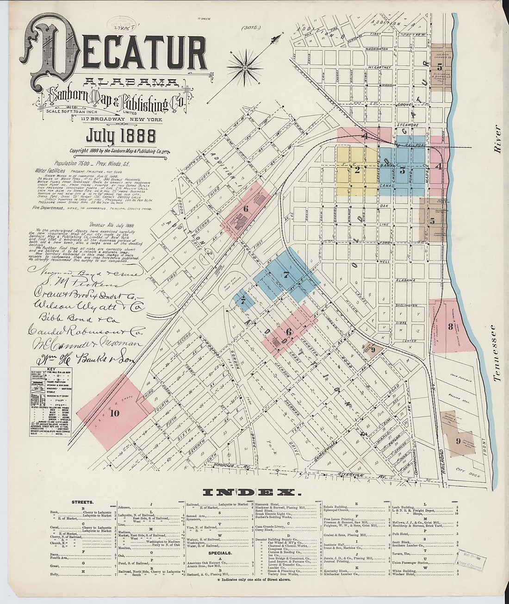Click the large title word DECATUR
[116, 55]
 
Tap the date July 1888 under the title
[121, 137]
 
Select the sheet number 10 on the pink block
[115, 413]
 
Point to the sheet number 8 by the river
[450, 326]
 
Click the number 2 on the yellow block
[357, 170]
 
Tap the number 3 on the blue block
[403, 170]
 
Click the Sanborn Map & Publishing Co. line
[113, 99]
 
